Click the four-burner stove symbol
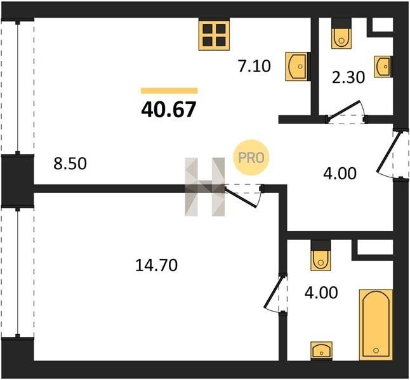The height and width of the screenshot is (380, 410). [x=214, y=35]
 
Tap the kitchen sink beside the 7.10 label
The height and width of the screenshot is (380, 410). [x=297, y=66]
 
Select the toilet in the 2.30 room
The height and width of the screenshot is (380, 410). [x=341, y=39]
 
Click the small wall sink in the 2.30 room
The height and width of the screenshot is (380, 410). [x=383, y=66]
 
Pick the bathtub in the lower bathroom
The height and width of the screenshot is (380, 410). [x=376, y=325]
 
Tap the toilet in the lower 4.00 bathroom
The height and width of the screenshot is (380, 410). [x=321, y=260]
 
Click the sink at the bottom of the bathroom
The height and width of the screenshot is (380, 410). [x=321, y=351]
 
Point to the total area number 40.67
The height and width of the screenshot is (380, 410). [x=169, y=110]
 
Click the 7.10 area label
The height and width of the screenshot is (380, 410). [x=254, y=66]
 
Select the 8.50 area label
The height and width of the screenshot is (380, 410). [x=70, y=164]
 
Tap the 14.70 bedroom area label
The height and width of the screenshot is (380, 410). [x=157, y=265]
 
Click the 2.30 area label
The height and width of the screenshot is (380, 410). [x=348, y=77]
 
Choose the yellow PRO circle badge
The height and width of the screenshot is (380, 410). [x=251, y=158]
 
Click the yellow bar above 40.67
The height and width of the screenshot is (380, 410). [x=169, y=91]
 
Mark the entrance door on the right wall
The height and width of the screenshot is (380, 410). [x=388, y=153]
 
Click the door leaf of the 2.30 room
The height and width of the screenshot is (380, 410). [x=345, y=110]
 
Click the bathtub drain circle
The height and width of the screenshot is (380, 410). [x=376, y=350]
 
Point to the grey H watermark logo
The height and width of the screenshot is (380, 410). [x=205, y=187]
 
